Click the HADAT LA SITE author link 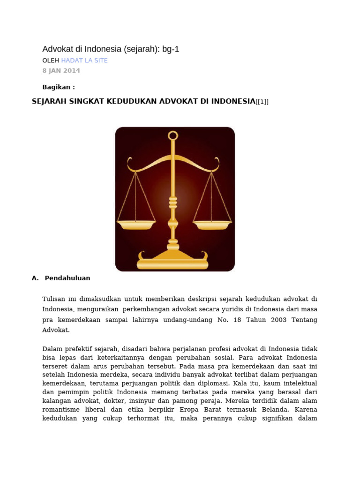pos(84,60)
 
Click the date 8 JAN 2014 pos(61,71)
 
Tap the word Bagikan pos(57,87)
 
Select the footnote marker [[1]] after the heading pos(262,102)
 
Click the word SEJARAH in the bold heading pos(49,101)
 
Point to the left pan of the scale pos(136,225)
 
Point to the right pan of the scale pos(212,225)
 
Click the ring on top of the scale pos(173,136)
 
